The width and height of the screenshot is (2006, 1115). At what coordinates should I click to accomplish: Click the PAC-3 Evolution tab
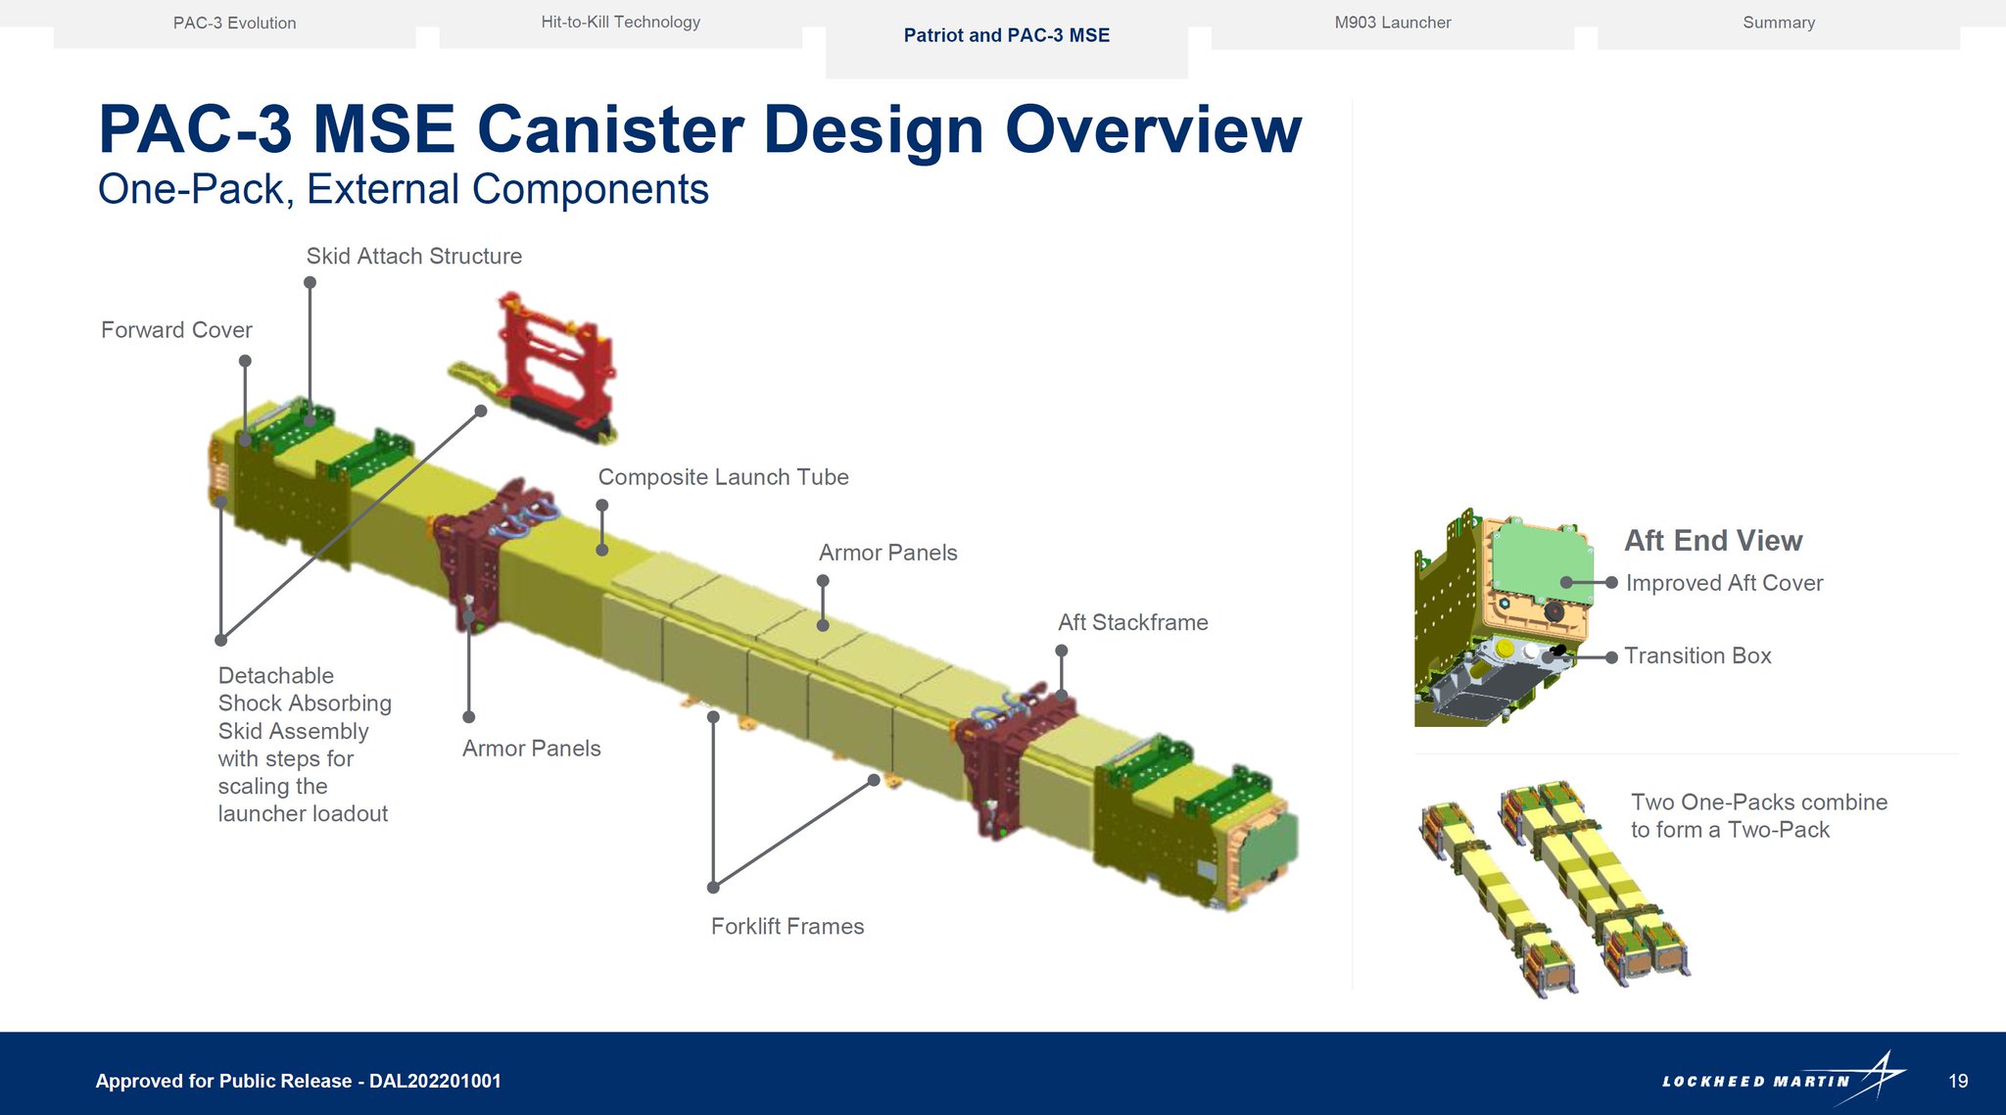234,24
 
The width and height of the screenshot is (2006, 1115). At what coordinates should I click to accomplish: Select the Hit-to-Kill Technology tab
620,23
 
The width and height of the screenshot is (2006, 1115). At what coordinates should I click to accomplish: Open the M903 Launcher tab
1392,23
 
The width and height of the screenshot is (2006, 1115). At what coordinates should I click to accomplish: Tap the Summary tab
1779,23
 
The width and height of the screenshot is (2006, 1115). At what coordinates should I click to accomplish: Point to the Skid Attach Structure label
414,256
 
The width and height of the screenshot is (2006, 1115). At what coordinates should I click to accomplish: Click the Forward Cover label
176,330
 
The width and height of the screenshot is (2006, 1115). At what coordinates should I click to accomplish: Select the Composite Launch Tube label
723,477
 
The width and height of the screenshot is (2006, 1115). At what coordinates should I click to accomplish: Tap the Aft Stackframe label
1132,622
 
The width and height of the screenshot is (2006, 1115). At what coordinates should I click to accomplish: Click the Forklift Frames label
788,926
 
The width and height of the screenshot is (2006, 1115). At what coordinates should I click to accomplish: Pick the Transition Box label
1697,655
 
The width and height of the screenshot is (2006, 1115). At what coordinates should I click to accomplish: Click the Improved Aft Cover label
1724,583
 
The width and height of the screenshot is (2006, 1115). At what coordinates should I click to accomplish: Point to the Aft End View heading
1713,540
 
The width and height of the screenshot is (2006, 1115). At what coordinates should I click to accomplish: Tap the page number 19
1958,1081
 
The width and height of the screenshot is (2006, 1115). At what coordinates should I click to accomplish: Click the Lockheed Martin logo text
1755,1082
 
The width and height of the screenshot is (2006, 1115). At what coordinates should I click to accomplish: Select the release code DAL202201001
435,1081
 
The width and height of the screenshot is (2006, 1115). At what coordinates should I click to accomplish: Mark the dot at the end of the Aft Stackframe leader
1061,651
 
